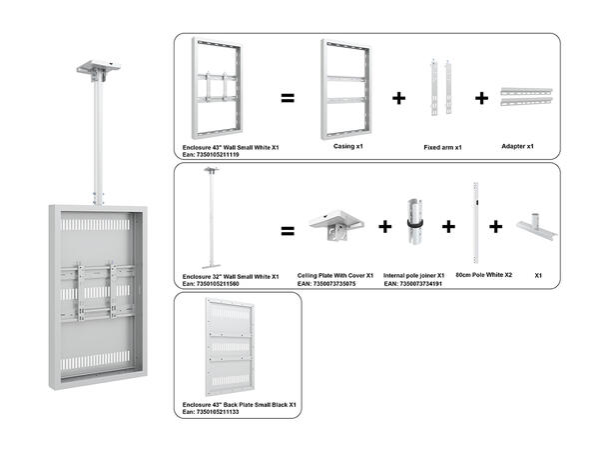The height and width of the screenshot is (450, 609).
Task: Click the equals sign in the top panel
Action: pos(287,98)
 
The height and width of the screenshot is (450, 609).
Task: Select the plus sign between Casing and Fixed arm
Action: pos(399,98)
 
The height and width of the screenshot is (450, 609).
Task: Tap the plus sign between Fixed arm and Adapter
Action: pos(482,98)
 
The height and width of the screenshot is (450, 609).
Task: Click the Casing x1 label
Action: pos(346,145)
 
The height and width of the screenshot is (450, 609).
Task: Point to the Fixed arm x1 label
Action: pos(443,146)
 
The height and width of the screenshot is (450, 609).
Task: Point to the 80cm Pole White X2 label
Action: pos(484,275)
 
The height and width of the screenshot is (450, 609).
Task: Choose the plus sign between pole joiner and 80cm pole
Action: pos(448,228)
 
